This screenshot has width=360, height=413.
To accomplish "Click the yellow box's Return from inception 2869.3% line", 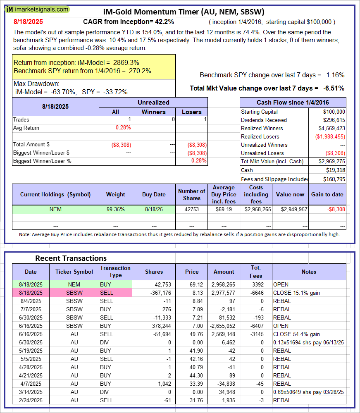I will tap(76, 62).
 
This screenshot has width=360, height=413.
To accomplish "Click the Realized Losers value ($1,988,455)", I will tap(329, 136).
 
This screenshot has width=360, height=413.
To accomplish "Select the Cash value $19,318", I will tap(336, 170).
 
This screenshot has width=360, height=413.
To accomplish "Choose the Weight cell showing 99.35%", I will tap(115, 210).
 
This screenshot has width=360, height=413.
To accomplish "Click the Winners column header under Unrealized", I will tap(153, 112).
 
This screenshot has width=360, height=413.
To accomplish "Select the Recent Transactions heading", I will tap(71, 258).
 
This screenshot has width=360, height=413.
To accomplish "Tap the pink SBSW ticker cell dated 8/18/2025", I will tap(74, 293).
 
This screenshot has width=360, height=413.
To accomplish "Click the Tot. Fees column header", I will tap(256, 272).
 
